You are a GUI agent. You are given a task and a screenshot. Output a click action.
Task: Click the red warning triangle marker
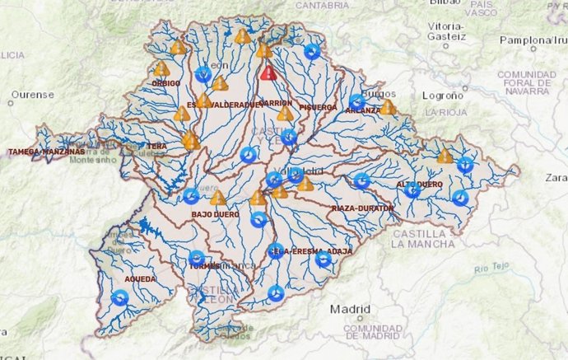point(268,72)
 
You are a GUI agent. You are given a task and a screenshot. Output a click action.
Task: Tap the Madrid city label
point(350,310)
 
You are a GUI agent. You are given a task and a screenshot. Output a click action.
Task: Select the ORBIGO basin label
point(165,83)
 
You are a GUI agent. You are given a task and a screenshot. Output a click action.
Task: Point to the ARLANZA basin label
point(364,110)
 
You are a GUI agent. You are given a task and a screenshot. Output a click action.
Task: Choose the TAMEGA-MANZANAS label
point(46,152)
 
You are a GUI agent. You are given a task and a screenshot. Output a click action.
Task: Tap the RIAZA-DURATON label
point(362,208)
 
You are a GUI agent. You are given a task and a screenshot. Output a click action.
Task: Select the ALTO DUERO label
point(420,184)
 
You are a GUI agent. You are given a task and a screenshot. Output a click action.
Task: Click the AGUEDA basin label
point(117,256)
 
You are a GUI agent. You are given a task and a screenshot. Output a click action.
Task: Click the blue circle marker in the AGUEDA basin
point(120,297)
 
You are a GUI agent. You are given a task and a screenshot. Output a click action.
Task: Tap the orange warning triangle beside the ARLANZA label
point(387,107)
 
